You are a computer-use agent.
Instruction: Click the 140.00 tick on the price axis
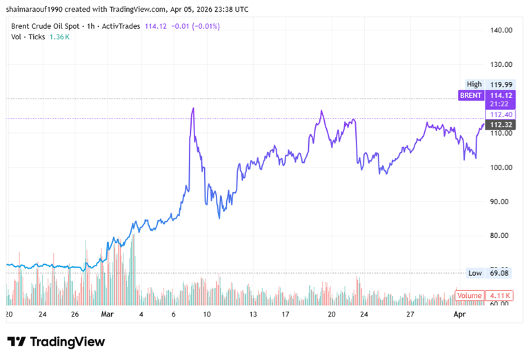[501, 30]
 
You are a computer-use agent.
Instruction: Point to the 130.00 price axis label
[501, 65]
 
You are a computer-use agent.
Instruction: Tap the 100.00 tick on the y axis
[501, 168]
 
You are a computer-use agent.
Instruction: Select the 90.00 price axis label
[501, 201]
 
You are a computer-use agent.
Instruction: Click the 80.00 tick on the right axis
[501, 236]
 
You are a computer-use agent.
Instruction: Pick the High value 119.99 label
[501, 84]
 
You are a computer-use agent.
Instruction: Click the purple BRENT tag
[472, 95]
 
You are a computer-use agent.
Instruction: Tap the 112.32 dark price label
[501, 125]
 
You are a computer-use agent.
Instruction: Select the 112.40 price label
[501, 114]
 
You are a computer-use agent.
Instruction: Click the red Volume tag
[470, 296]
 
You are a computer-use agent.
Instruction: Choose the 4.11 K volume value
[501, 296]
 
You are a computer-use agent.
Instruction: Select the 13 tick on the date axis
[254, 314]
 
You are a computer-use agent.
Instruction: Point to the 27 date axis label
[410, 314]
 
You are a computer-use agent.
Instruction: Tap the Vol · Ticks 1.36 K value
[59, 37]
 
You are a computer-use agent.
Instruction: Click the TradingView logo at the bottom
[56, 341]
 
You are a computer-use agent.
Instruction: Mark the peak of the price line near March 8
[193, 108]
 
